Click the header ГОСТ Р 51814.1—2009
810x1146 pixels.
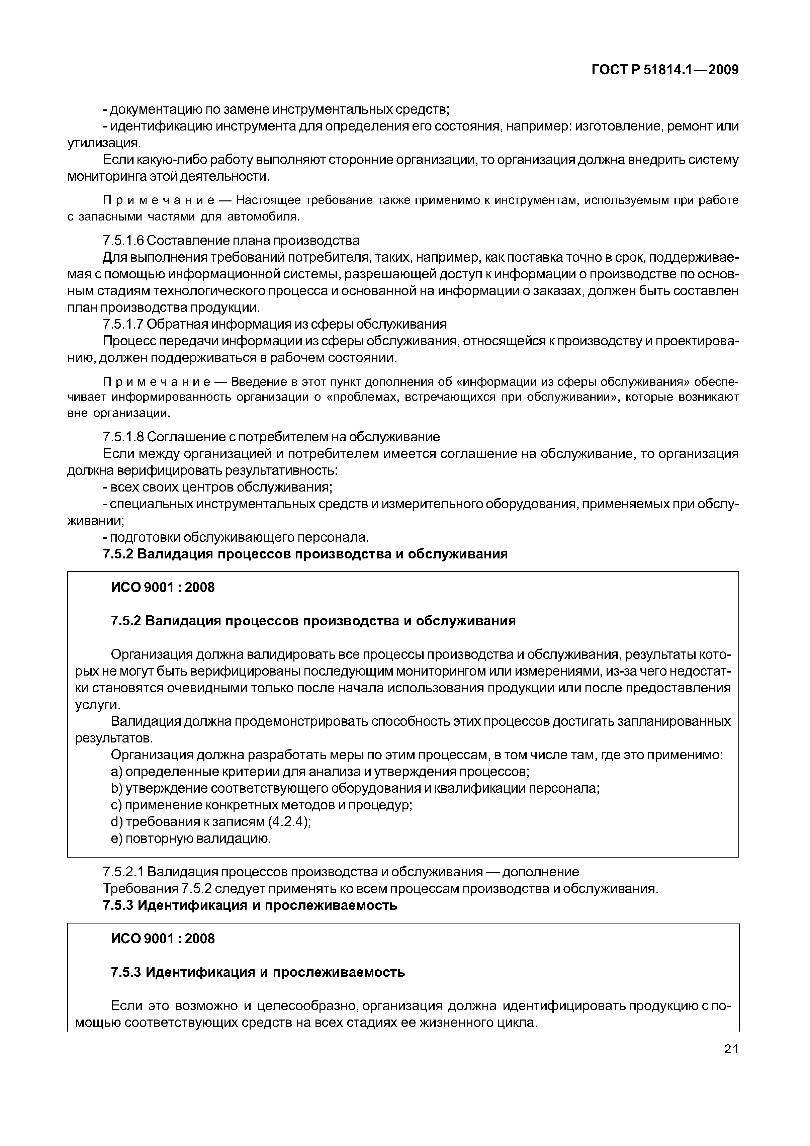pos(665,70)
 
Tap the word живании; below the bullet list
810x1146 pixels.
pos(95,521)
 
